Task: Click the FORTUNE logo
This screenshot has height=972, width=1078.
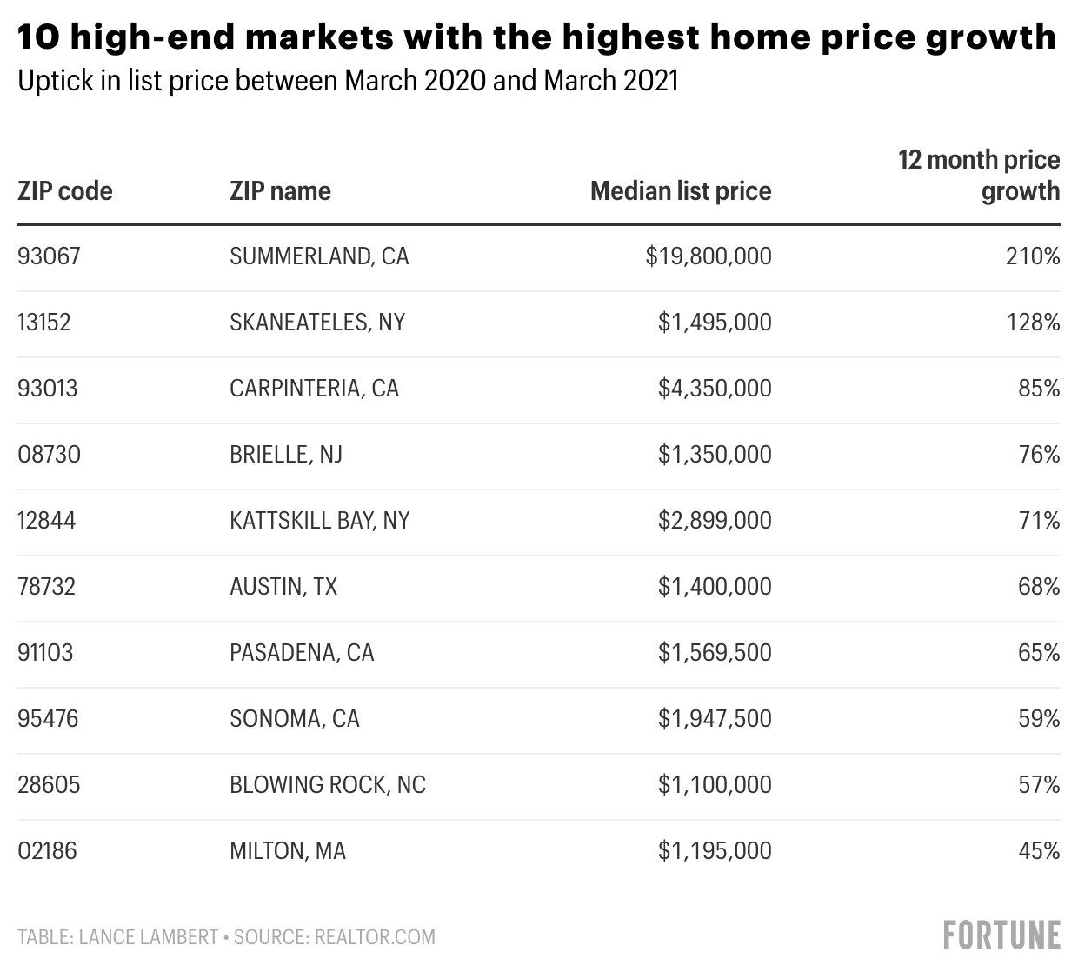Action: (x=1001, y=935)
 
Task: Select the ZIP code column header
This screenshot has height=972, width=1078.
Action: (x=65, y=191)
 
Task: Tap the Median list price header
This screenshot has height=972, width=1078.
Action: (x=681, y=191)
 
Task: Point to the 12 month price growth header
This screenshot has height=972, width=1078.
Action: (x=979, y=176)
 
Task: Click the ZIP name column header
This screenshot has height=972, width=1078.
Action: (x=280, y=191)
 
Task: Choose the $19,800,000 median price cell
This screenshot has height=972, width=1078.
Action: (x=709, y=256)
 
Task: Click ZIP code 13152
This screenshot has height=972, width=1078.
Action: (x=44, y=323)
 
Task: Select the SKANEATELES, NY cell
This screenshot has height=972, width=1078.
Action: (x=317, y=323)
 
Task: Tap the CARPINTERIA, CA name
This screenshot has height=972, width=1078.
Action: (x=314, y=389)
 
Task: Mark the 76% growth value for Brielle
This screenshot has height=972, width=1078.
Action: (x=1039, y=455)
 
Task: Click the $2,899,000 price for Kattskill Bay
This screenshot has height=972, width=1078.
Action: (x=715, y=521)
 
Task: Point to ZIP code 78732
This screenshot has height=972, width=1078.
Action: (x=46, y=587)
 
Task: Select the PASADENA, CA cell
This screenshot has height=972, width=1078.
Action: (x=302, y=653)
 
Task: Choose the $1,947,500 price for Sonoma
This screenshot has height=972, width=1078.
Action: (x=715, y=719)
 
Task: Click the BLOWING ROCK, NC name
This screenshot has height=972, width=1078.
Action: (x=328, y=785)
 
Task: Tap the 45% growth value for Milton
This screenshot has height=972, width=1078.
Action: (x=1039, y=851)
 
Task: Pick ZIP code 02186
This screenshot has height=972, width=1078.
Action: (x=47, y=851)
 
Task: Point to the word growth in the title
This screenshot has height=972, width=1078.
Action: (x=991, y=38)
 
